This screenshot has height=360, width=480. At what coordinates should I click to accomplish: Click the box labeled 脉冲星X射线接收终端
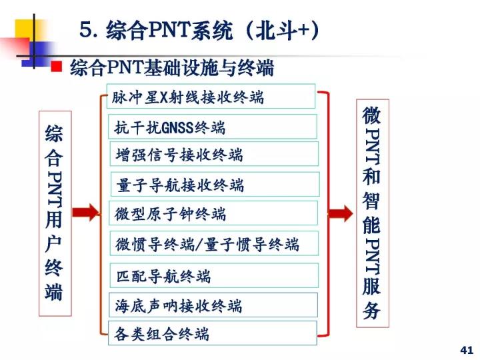point(211,96)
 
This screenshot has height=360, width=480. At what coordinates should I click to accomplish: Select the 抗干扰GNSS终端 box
point(213,127)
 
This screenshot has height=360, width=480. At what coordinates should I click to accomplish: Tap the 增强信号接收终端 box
point(214,154)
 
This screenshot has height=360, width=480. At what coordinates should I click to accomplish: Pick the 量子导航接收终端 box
point(215,184)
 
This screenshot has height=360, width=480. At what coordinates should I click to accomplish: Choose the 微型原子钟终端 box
point(213,213)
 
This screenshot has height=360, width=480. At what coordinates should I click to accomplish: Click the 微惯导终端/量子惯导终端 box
point(214,243)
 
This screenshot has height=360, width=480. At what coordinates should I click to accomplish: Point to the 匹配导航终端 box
point(214,275)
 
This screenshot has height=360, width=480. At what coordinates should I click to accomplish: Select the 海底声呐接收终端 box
point(213,305)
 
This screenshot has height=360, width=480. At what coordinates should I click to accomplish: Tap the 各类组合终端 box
point(213,333)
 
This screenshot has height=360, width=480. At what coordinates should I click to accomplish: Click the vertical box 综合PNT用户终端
point(55,213)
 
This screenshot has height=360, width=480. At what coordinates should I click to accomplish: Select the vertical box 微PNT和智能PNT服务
point(373,213)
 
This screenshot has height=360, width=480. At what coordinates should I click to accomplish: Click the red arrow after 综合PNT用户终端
point(86,212)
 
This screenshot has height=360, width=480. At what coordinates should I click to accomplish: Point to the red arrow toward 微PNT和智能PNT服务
point(341,213)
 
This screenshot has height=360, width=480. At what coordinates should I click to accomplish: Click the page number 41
point(467,350)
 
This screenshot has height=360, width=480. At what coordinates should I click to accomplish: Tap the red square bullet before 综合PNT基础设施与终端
point(57,66)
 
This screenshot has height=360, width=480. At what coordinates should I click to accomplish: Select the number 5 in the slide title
point(86,30)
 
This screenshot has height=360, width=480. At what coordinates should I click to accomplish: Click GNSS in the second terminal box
point(177,127)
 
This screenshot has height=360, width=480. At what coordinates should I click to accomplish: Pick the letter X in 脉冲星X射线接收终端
point(165,97)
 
